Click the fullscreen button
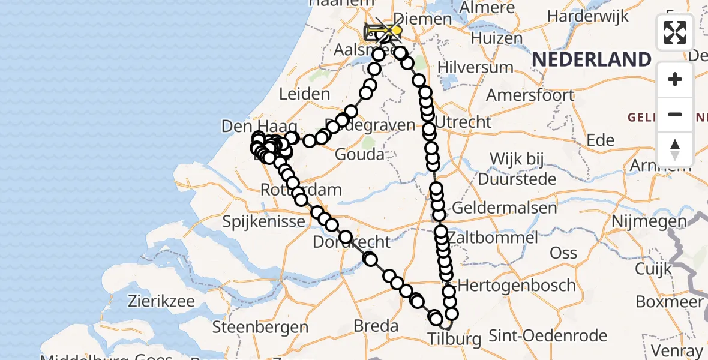pyautogui.click(x=675, y=32)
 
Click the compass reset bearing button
pyautogui.click(x=675, y=149)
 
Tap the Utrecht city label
pyautogui.click(x=463, y=122)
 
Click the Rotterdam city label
pyautogui.click(x=301, y=190)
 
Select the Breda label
pyautogui.click(x=376, y=326)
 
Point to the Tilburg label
pyautogui.click(x=454, y=339)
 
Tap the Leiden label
pyautogui.click(x=305, y=94)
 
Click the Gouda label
pyautogui.click(x=360, y=155)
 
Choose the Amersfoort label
pyautogui.click(x=530, y=95)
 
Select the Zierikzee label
pyautogui.click(x=162, y=301)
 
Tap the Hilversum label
pyautogui.click(x=476, y=67)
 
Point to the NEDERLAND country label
pyautogui.click(x=591, y=59)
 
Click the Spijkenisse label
pyautogui.click(x=264, y=222)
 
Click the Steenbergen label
pyautogui.click(x=260, y=328)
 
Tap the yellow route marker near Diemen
pyautogui.click(x=394, y=29)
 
